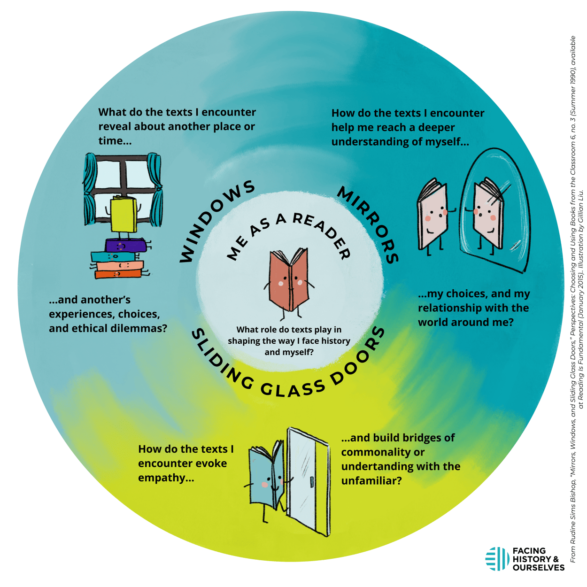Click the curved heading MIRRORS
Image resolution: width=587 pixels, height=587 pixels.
370,222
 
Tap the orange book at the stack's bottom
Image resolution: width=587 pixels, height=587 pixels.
118,274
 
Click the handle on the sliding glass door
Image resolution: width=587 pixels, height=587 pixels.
312,483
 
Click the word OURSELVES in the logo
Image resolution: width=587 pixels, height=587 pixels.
538,568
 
